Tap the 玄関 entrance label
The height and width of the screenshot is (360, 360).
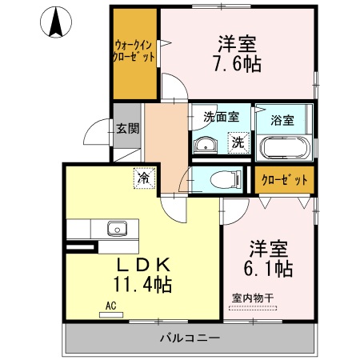126,127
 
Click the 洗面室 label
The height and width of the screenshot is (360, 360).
221,117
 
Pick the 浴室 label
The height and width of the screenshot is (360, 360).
282,121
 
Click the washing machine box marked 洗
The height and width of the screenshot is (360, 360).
238,143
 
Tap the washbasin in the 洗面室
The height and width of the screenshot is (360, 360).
206,145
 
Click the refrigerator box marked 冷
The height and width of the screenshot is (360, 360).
143,178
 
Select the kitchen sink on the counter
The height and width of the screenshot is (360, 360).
118,230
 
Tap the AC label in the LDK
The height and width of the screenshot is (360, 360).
110,305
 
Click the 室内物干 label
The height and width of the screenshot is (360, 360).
253,298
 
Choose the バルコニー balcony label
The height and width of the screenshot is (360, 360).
189,339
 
